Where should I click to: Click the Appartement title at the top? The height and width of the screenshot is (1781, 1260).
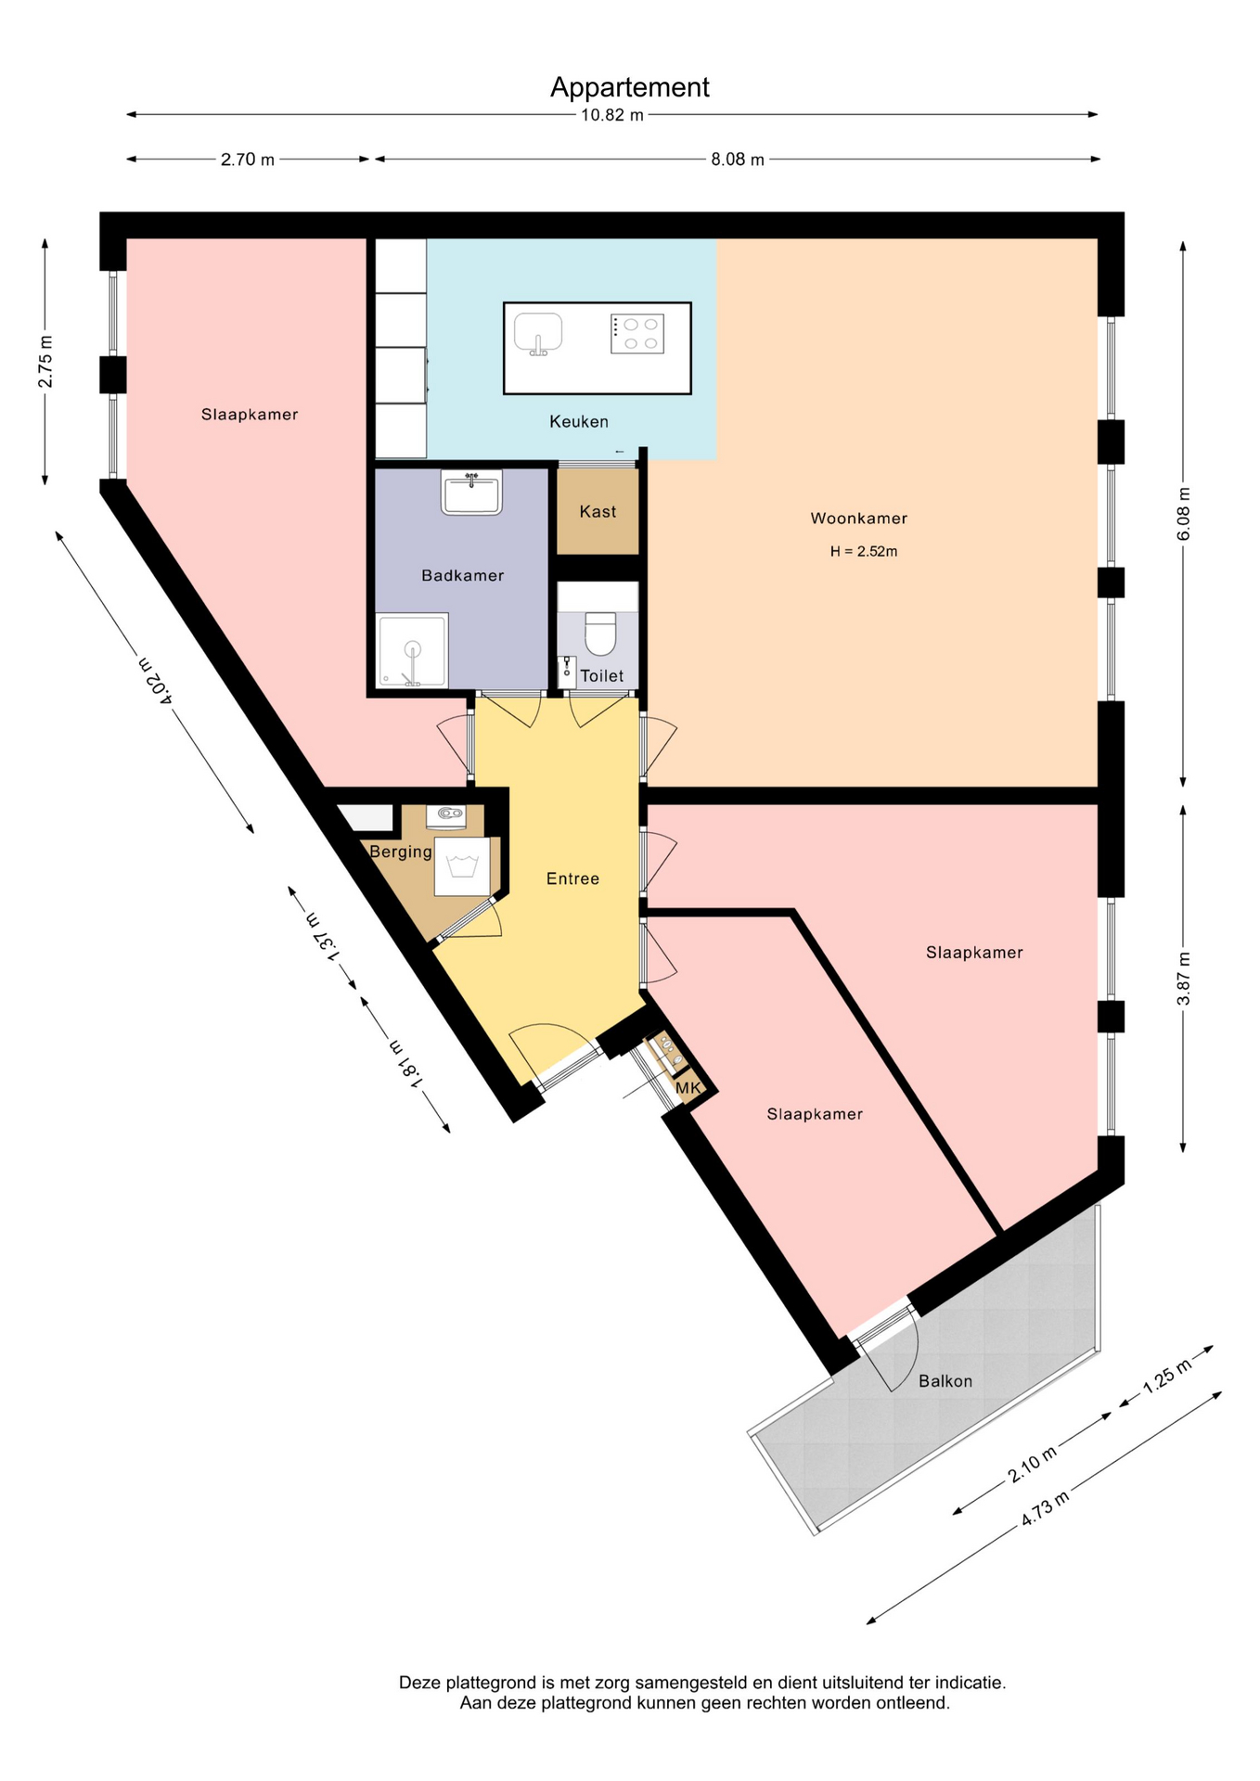(x=629, y=87)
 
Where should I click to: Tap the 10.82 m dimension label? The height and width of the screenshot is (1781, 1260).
(x=612, y=116)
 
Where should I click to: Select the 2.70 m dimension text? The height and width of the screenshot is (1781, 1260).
(x=248, y=160)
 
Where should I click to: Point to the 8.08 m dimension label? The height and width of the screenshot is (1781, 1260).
(x=738, y=160)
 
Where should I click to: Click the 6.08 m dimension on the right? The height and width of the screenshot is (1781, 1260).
(x=1183, y=514)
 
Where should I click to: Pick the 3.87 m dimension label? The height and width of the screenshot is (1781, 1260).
(x=1183, y=979)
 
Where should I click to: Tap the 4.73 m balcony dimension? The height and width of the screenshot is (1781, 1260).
(x=1046, y=1507)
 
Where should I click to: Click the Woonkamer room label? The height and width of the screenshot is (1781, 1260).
(x=858, y=519)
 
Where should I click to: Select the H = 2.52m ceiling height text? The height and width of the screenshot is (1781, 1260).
(x=864, y=551)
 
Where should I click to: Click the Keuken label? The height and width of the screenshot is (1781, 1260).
(x=579, y=422)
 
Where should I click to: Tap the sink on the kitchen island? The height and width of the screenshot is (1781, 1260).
(x=538, y=334)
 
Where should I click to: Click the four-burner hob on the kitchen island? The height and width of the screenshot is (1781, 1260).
(x=637, y=334)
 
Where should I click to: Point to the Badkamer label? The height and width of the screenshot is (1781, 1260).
(x=463, y=576)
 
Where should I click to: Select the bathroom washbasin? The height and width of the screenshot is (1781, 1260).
(x=472, y=493)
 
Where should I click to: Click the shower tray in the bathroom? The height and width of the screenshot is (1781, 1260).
(x=412, y=650)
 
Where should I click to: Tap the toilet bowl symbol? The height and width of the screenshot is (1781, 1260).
(x=600, y=633)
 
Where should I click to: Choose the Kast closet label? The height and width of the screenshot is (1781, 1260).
(x=598, y=512)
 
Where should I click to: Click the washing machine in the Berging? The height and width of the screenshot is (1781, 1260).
(x=462, y=866)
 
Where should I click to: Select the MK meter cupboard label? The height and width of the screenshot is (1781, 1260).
(x=688, y=1087)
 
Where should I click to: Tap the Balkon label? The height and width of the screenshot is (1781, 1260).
(x=945, y=1381)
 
